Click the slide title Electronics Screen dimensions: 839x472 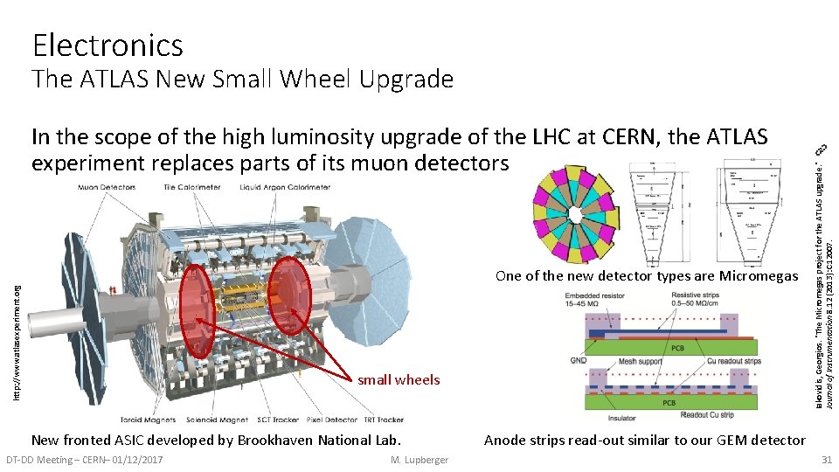tap(107, 45)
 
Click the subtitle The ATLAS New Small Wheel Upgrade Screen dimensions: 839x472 tap(242, 80)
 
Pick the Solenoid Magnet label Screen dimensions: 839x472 tap(211, 419)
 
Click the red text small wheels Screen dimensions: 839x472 tap(399, 379)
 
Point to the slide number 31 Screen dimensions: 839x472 tap(825, 460)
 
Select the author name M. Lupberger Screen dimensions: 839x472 tap(420, 460)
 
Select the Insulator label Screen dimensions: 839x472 tap(622, 419)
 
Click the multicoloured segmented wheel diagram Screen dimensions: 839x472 tap(572, 212)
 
